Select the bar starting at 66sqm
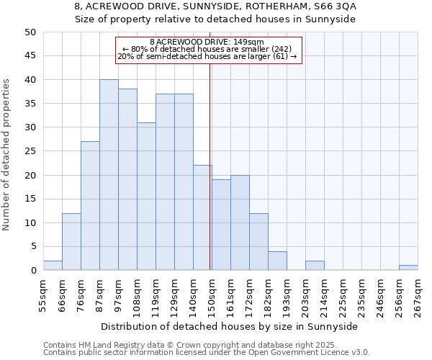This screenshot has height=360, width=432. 71,242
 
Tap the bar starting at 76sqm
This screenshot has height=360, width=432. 90,206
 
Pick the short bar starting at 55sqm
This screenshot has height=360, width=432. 53,266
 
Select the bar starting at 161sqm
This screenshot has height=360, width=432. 240,223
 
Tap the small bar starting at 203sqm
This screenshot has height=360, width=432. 315,266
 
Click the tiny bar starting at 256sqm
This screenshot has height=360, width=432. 408,268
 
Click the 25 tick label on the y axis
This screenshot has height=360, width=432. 30,151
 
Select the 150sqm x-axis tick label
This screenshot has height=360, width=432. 212,297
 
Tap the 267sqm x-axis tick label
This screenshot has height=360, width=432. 418,297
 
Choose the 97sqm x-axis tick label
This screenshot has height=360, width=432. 118,295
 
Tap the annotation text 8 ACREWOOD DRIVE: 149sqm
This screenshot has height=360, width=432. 207,42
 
